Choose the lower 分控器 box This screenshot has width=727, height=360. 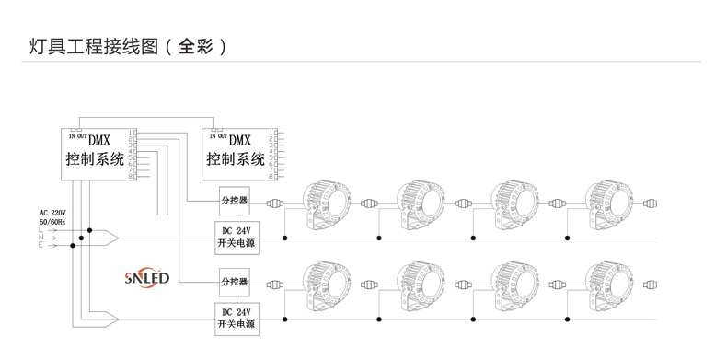[x=234, y=280]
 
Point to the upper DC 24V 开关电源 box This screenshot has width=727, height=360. [x=235, y=238]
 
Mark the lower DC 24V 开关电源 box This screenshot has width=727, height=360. [x=235, y=317]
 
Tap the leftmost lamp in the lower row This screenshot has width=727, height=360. [x=326, y=282]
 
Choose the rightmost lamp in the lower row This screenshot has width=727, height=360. [x=608, y=282]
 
